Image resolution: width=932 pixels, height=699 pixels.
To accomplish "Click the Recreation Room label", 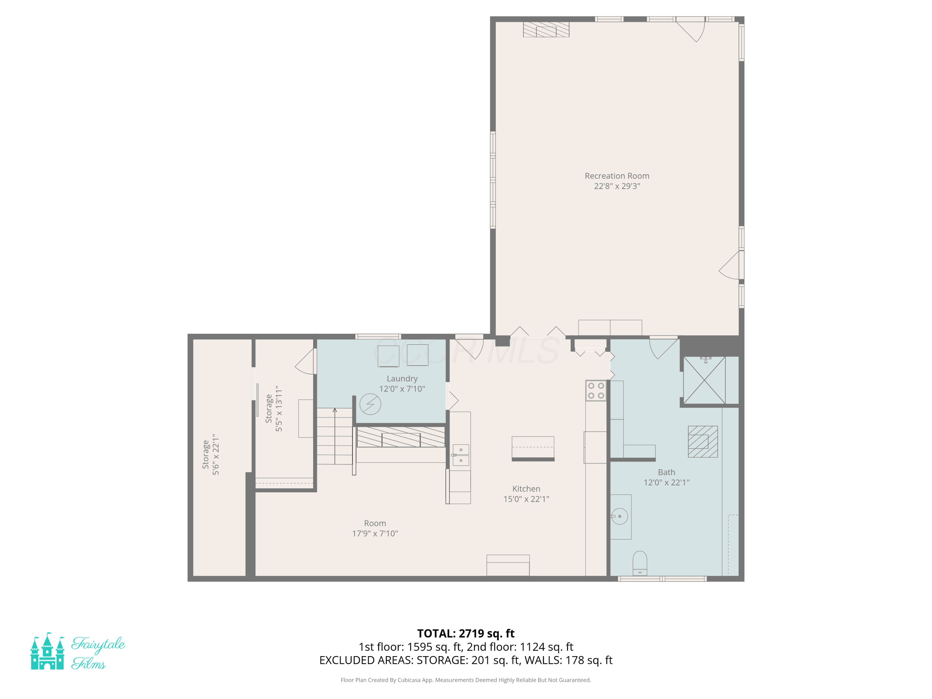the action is click(x=617, y=176).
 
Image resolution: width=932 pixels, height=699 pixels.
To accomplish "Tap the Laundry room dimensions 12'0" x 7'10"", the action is click(x=402, y=388).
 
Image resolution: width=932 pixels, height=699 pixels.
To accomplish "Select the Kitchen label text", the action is click(x=526, y=489).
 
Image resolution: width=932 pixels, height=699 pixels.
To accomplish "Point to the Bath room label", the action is click(x=667, y=472).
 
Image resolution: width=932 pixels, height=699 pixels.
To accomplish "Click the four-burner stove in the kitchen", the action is click(x=596, y=391).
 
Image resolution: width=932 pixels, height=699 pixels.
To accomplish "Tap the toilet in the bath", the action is click(x=640, y=563).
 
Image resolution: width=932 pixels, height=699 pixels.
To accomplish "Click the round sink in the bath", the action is click(x=619, y=516).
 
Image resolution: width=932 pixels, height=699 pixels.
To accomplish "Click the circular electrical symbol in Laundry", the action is click(x=370, y=404).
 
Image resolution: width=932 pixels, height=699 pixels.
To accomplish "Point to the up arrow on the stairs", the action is click(x=335, y=436).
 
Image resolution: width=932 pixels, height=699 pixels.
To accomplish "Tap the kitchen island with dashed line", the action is click(x=533, y=448).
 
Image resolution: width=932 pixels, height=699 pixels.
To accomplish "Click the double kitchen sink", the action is click(x=461, y=455).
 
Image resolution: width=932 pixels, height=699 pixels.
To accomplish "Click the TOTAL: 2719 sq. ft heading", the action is click(x=466, y=633).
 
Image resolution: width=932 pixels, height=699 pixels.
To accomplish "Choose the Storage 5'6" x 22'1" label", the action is click(x=211, y=455).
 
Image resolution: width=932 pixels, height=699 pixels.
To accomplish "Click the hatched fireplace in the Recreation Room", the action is click(x=546, y=30).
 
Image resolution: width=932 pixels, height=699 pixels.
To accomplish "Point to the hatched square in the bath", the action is click(x=703, y=441).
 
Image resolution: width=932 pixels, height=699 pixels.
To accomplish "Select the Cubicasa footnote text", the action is click(x=466, y=680).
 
